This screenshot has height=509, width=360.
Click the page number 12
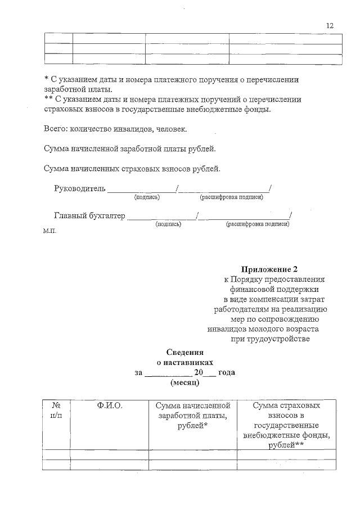(330, 25)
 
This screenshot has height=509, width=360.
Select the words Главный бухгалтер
(89, 214)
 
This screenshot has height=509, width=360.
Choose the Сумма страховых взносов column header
(286, 425)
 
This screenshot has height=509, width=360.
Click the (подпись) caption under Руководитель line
(147, 197)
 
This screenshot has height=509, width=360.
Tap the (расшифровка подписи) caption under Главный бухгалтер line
(257, 224)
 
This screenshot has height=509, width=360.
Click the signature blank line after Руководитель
(141, 190)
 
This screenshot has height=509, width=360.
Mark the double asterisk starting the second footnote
(48, 100)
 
